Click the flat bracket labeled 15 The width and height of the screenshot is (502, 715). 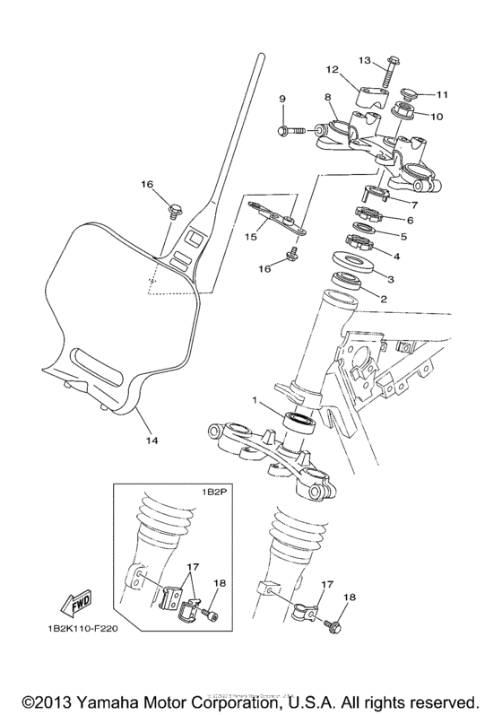click(275, 214)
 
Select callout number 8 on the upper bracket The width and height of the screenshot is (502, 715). click(328, 96)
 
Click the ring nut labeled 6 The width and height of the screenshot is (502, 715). click(368, 215)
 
